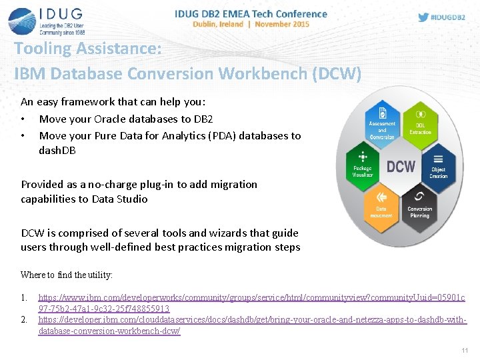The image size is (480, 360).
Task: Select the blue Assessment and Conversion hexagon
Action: pyautogui.click(x=381, y=125)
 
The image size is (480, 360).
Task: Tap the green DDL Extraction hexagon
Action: pyautogui.click(x=420, y=125)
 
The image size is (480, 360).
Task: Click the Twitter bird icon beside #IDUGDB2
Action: pyautogui.click(x=423, y=17)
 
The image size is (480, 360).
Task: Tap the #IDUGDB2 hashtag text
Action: pyautogui.click(x=449, y=17)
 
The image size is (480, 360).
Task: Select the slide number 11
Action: pyautogui.click(x=465, y=350)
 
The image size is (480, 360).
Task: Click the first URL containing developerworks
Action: pyautogui.click(x=252, y=298)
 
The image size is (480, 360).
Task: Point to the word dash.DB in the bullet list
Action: pyautogui.click(x=57, y=150)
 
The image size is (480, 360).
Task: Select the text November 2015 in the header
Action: pyautogui.click(x=282, y=24)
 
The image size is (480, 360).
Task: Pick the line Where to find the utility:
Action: pyautogui.click(x=67, y=275)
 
